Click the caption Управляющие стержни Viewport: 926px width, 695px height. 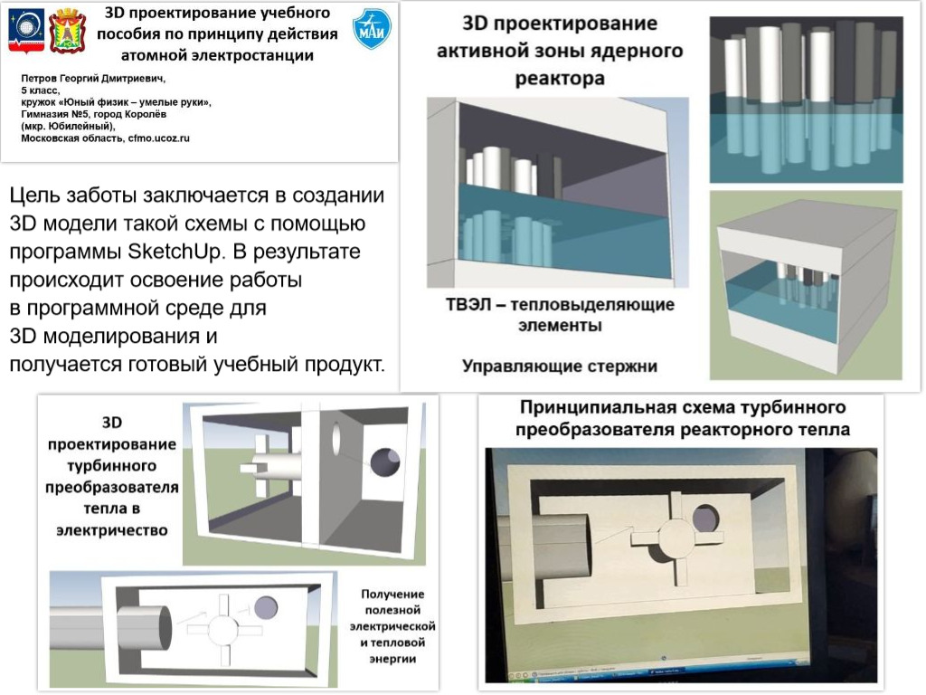coord(559,367)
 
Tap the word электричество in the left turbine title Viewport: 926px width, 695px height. coord(110,529)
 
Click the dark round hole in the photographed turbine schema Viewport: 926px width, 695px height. coord(704,519)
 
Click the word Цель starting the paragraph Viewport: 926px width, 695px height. coord(40,195)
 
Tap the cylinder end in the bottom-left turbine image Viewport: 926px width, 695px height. coord(161,624)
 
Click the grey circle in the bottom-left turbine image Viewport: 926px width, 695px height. coord(266,607)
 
